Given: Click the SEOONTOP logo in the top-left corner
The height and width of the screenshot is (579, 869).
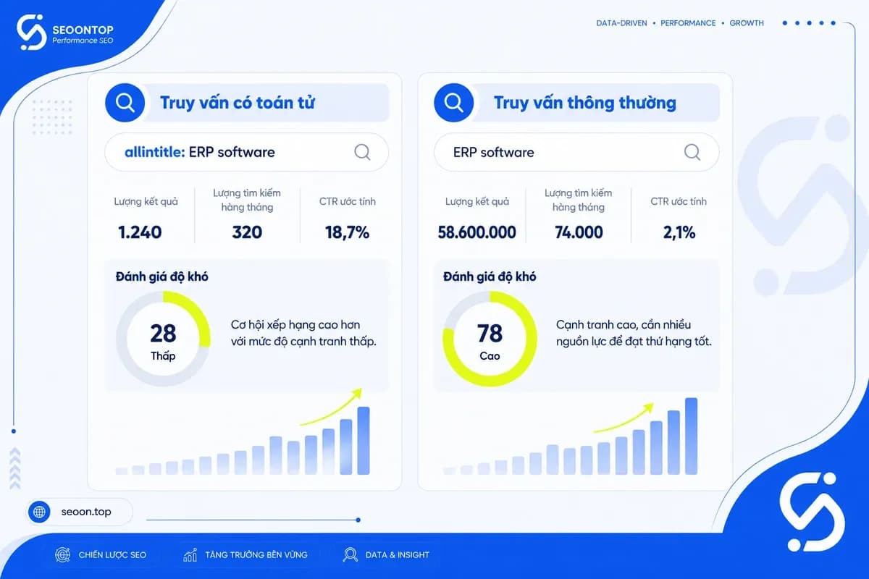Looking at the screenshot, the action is (x=65, y=33).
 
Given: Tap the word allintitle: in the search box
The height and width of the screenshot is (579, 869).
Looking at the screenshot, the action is (x=155, y=152).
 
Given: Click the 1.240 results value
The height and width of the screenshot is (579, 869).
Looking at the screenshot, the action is (x=140, y=232).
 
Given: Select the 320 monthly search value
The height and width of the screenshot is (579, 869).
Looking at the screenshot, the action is (x=247, y=232).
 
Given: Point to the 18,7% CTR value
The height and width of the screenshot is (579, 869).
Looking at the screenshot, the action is (x=347, y=232).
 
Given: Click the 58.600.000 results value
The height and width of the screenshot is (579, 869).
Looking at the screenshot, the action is (x=477, y=232).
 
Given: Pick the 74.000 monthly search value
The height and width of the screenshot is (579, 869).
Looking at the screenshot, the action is (x=579, y=232).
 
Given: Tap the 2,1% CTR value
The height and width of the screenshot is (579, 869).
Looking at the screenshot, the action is (x=679, y=232).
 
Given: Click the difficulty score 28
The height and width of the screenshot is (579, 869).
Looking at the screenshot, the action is (x=163, y=334).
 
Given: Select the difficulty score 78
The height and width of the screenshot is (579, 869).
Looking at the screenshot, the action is (x=490, y=334).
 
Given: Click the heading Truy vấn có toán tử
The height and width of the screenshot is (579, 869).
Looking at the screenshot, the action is (x=238, y=103).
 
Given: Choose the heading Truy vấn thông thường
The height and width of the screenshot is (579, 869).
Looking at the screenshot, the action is (x=584, y=103).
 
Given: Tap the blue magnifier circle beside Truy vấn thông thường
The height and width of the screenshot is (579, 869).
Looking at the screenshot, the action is (x=453, y=103).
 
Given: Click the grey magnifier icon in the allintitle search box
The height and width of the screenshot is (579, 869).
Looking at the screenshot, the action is (x=362, y=152).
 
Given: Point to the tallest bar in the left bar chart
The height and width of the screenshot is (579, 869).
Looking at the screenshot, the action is (x=364, y=441).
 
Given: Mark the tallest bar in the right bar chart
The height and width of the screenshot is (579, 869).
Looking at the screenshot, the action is (x=692, y=436).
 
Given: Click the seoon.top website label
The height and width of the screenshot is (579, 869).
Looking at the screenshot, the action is (x=86, y=512).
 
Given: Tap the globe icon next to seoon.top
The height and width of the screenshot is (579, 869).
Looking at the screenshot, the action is (x=39, y=512).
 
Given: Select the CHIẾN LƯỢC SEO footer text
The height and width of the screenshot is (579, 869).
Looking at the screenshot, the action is (x=112, y=555).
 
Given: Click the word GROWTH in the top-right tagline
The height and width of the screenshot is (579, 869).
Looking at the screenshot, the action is (x=747, y=23).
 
